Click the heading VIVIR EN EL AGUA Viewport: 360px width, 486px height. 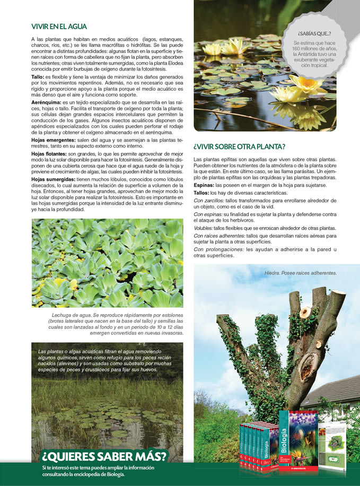[59, 27]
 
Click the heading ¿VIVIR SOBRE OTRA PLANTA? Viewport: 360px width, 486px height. [240, 146]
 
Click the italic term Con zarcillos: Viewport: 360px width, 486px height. [209, 201]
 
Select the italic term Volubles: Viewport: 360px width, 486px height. [205, 228]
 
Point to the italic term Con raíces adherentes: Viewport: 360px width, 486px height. [217, 235]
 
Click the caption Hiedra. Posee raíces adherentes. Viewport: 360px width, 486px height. [300, 273]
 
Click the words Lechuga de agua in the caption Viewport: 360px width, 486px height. [68, 315]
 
